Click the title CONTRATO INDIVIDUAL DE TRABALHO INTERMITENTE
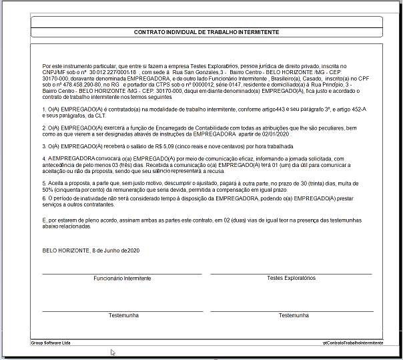(x=206, y=32)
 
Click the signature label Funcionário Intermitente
(x=122, y=278)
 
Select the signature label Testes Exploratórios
(x=291, y=278)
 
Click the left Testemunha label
(x=123, y=315)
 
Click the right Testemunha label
(x=294, y=315)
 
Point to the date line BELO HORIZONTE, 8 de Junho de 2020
(x=91, y=250)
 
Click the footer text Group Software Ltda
(x=51, y=343)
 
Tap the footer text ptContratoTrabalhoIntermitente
(x=353, y=343)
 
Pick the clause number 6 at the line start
(x=43, y=199)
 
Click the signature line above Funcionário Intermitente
(x=122, y=273)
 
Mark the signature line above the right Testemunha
(x=291, y=311)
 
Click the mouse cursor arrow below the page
(x=113, y=352)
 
